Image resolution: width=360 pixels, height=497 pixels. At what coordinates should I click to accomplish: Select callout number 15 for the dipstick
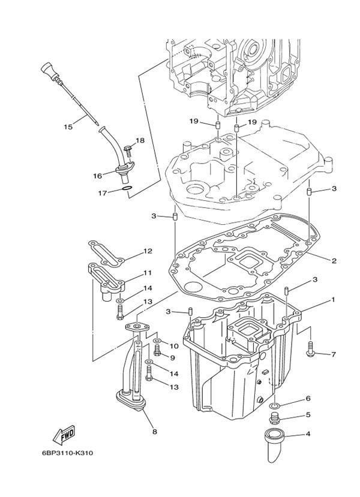point(68,126)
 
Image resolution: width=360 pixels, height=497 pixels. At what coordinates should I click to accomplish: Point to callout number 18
point(140,141)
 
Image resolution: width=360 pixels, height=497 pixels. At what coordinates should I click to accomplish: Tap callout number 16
point(97,176)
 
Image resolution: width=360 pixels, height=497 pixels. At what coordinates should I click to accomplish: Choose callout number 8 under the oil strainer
point(155,430)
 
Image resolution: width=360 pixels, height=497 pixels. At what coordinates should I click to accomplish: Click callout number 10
point(173,346)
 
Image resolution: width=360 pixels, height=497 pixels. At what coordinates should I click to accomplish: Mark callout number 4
point(308,434)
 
